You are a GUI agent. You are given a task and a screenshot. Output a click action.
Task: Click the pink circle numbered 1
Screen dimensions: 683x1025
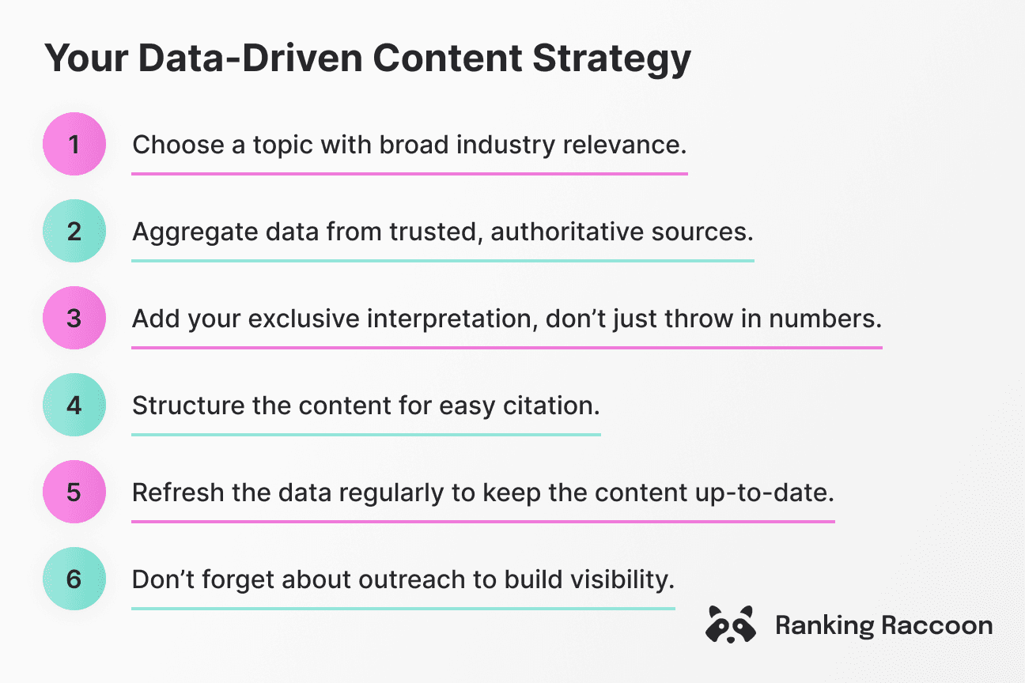(x=74, y=144)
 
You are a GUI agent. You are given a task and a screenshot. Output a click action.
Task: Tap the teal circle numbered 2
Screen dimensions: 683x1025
(x=74, y=231)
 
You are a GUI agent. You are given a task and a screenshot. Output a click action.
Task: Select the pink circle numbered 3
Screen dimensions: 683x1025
(x=74, y=318)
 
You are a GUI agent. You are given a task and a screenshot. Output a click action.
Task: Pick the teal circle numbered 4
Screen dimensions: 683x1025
(x=74, y=405)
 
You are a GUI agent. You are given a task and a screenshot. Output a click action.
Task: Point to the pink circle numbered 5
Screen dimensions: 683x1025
(x=74, y=492)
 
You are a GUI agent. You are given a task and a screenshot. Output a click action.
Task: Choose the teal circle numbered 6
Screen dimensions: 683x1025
(x=74, y=579)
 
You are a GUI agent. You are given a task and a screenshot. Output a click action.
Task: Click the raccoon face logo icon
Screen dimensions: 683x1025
(x=729, y=625)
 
